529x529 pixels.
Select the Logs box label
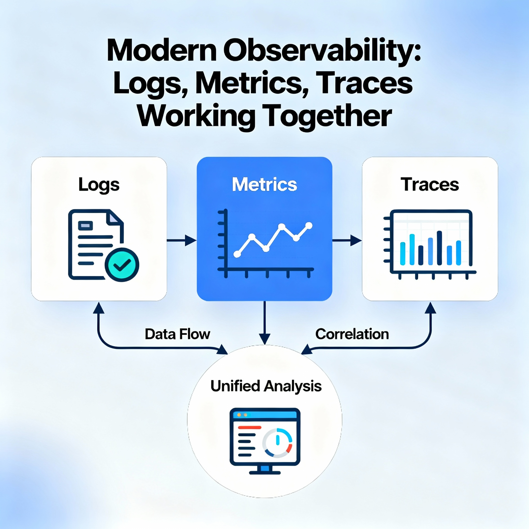pos(99,185)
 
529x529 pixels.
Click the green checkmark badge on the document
pos(122,265)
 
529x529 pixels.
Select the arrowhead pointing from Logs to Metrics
pos(191,240)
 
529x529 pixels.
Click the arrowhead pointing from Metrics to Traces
pos(356,240)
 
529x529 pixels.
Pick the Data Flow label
pos(177,334)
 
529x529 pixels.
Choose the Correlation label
pos(352,334)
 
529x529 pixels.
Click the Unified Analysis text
pos(266,386)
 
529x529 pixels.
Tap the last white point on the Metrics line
pos(309,225)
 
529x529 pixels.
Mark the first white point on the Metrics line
pos(237,254)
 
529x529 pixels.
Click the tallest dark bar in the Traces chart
pos(439,248)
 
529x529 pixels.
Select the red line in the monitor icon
pos(250,427)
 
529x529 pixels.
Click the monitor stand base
pos(265,472)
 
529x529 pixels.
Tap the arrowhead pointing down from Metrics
pos(264,339)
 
